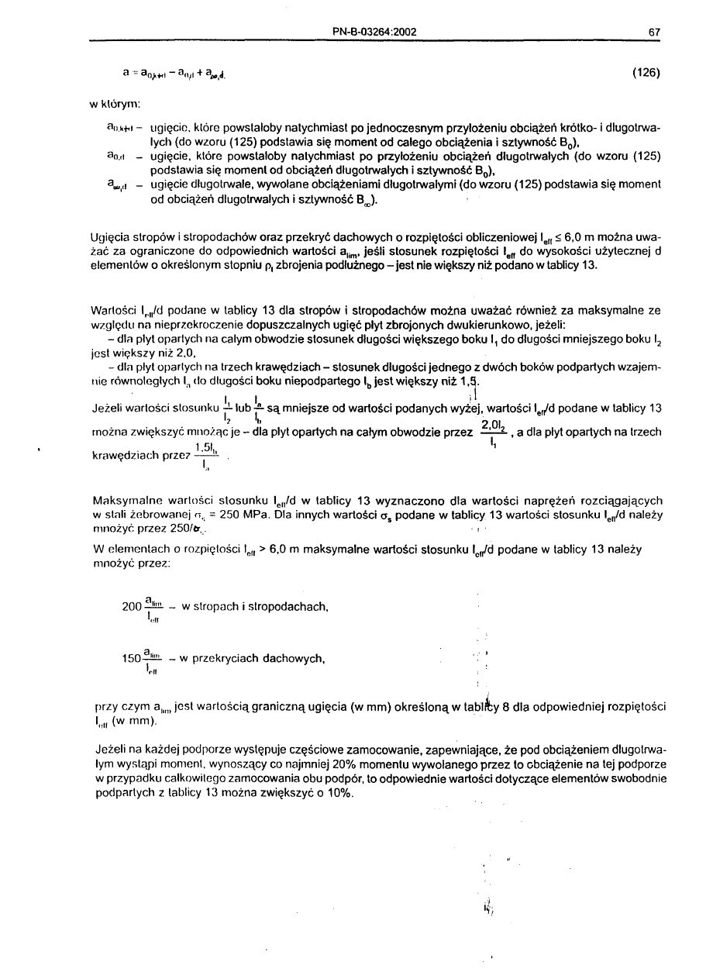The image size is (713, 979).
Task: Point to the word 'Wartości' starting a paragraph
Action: (113, 310)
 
